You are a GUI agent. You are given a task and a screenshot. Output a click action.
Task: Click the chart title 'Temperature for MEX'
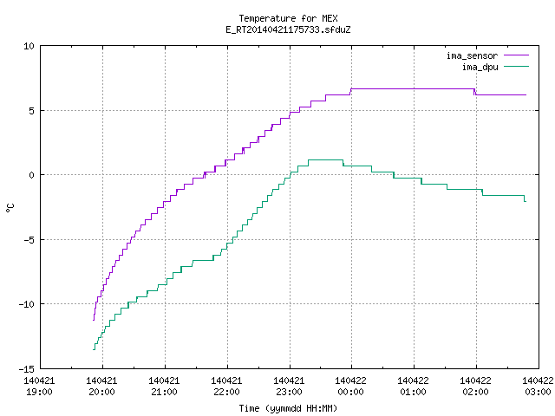tap(288, 18)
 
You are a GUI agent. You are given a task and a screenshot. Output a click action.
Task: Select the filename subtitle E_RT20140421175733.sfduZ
tap(288, 29)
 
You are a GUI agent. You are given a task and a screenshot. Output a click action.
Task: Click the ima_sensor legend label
tap(472, 55)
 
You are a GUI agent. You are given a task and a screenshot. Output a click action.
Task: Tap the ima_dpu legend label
tap(480, 68)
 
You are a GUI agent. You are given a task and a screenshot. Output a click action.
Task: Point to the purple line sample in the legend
tap(517, 55)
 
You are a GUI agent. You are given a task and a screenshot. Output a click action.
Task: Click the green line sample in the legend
tap(517, 67)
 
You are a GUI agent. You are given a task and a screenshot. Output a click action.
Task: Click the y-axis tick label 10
tap(29, 46)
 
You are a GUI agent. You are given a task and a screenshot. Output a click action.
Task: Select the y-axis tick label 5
tap(32, 111)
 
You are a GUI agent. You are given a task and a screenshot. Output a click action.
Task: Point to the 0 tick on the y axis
tap(32, 175)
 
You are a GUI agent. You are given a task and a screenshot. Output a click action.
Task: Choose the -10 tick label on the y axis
tap(27, 304)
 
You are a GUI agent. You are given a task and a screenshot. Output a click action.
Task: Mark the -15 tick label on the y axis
tap(27, 369)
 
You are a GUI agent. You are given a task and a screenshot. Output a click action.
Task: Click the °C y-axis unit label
tap(10, 208)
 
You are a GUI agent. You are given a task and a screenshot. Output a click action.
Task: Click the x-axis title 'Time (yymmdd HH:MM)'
tap(288, 408)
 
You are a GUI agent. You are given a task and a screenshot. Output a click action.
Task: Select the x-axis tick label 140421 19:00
tap(39, 387)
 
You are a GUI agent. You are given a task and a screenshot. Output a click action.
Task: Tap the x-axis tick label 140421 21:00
tap(164, 387)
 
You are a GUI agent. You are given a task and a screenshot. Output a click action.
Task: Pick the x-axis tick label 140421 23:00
tap(289, 387)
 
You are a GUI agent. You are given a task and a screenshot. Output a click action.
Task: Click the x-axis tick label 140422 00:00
tap(350, 387)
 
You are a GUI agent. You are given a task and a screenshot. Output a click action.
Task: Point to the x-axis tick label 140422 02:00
tap(475, 387)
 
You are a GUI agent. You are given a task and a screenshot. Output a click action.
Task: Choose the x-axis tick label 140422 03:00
tap(538, 387)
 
